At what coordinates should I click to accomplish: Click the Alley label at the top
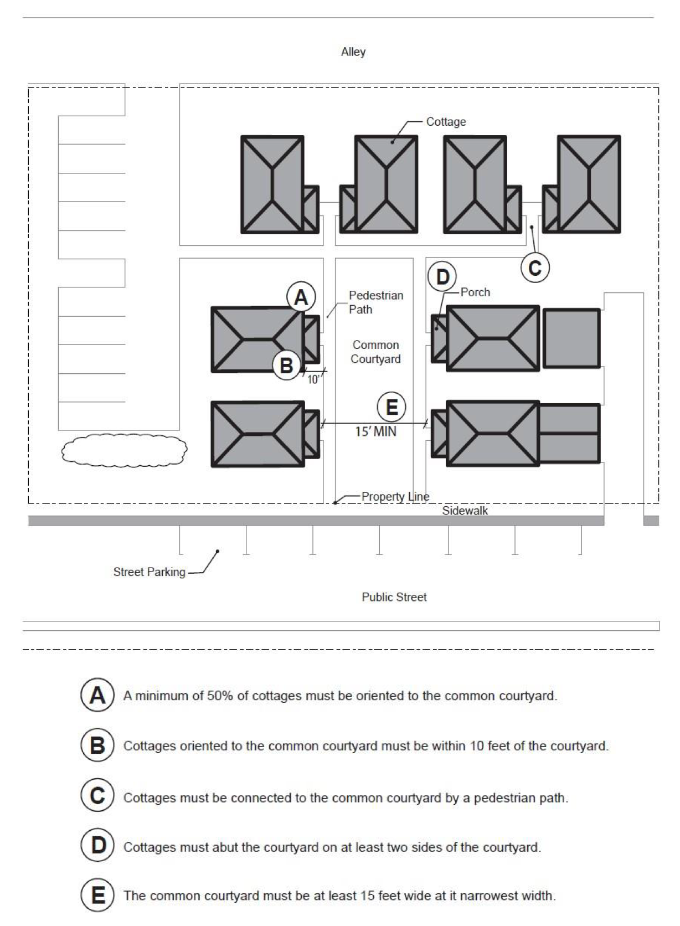[x=353, y=52]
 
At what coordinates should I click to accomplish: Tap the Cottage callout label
[x=446, y=122]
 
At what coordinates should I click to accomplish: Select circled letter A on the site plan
[x=301, y=297]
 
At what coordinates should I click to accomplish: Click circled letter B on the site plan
[x=286, y=366]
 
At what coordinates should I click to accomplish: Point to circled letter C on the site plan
[x=535, y=268]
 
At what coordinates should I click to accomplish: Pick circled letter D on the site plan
[x=442, y=276]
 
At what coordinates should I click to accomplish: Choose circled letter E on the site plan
[x=391, y=407]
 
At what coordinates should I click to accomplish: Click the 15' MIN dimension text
[x=375, y=431]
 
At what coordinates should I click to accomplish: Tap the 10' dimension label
[x=313, y=379]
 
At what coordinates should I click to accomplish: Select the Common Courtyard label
[x=375, y=352]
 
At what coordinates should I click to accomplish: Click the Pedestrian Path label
[x=375, y=302]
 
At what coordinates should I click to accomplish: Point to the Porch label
[x=475, y=292]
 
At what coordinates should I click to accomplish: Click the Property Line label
[x=395, y=497]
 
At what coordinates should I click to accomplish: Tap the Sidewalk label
[x=465, y=511]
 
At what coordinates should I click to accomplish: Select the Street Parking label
[x=149, y=572]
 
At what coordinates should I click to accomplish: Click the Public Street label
[x=394, y=597]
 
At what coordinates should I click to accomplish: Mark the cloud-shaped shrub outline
[x=123, y=450]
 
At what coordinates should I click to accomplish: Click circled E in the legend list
[x=97, y=896]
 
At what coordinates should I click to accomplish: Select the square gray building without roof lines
[x=571, y=338]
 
